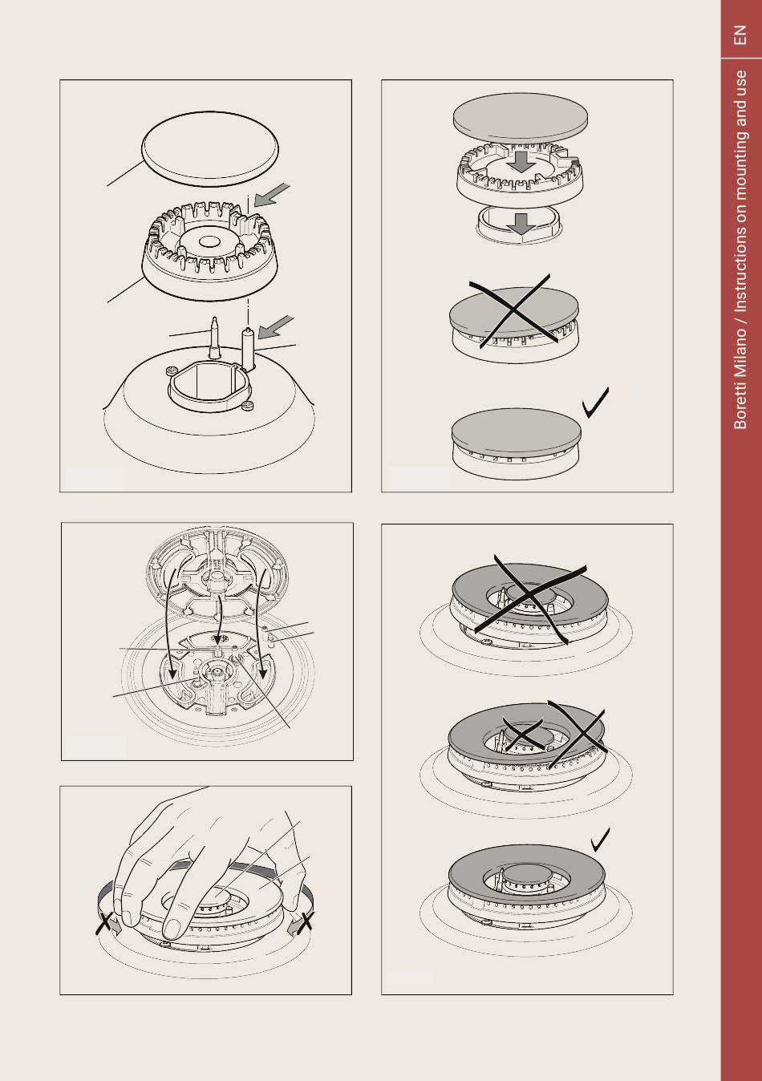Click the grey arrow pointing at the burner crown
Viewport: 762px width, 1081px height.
pos(272,196)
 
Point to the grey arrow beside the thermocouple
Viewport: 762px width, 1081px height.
pos(276,327)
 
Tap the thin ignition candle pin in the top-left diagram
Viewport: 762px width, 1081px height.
pos(214,337)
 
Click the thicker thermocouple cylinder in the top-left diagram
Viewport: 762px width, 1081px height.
pos(248,347)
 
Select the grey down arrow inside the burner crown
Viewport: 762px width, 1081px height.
pos(521,162)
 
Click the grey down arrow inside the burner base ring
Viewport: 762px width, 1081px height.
pos(521,224)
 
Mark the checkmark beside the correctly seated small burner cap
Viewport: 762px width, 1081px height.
pos(595,402)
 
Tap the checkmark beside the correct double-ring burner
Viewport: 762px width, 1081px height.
pos(600,840)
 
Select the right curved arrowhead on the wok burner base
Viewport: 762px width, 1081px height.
pos(264,673)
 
